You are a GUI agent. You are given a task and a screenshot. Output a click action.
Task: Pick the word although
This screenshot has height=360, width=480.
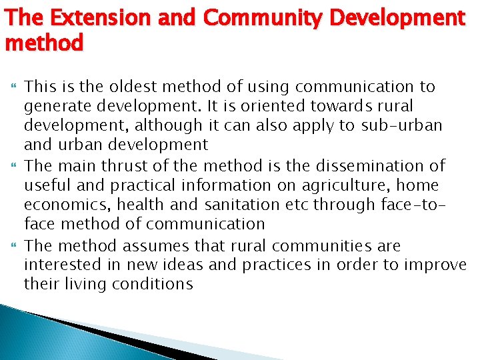click(159, 125)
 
